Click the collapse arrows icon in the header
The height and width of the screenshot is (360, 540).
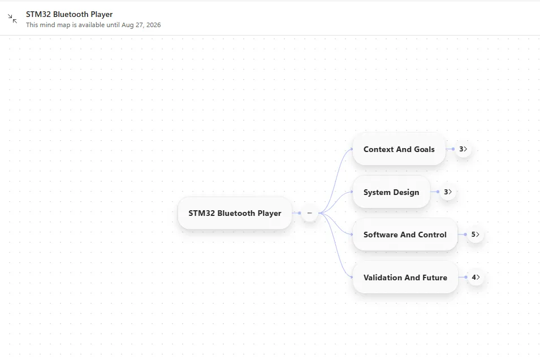(12, 19)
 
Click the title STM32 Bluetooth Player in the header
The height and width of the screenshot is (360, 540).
(69, 15)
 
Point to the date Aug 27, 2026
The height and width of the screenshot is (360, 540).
(141, 25)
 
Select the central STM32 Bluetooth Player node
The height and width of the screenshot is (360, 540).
(235, 213)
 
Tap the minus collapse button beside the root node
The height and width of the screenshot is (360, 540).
(310, 213)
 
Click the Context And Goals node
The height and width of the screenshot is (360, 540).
(399, 149)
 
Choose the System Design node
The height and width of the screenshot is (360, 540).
(391, 192)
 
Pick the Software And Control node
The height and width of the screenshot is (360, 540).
(405, 235)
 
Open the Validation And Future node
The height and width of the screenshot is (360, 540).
(405, 277)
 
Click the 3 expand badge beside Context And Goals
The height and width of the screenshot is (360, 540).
(463, 149)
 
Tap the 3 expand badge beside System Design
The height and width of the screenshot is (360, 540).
(448, 192)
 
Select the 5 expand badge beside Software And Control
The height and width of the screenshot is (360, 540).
(475, 235)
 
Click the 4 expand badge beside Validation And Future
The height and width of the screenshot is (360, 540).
(476, 277)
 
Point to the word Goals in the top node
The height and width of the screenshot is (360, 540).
(424, 149)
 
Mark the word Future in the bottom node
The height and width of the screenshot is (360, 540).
(435, 277)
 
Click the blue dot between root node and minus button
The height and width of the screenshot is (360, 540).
(300, 213)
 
